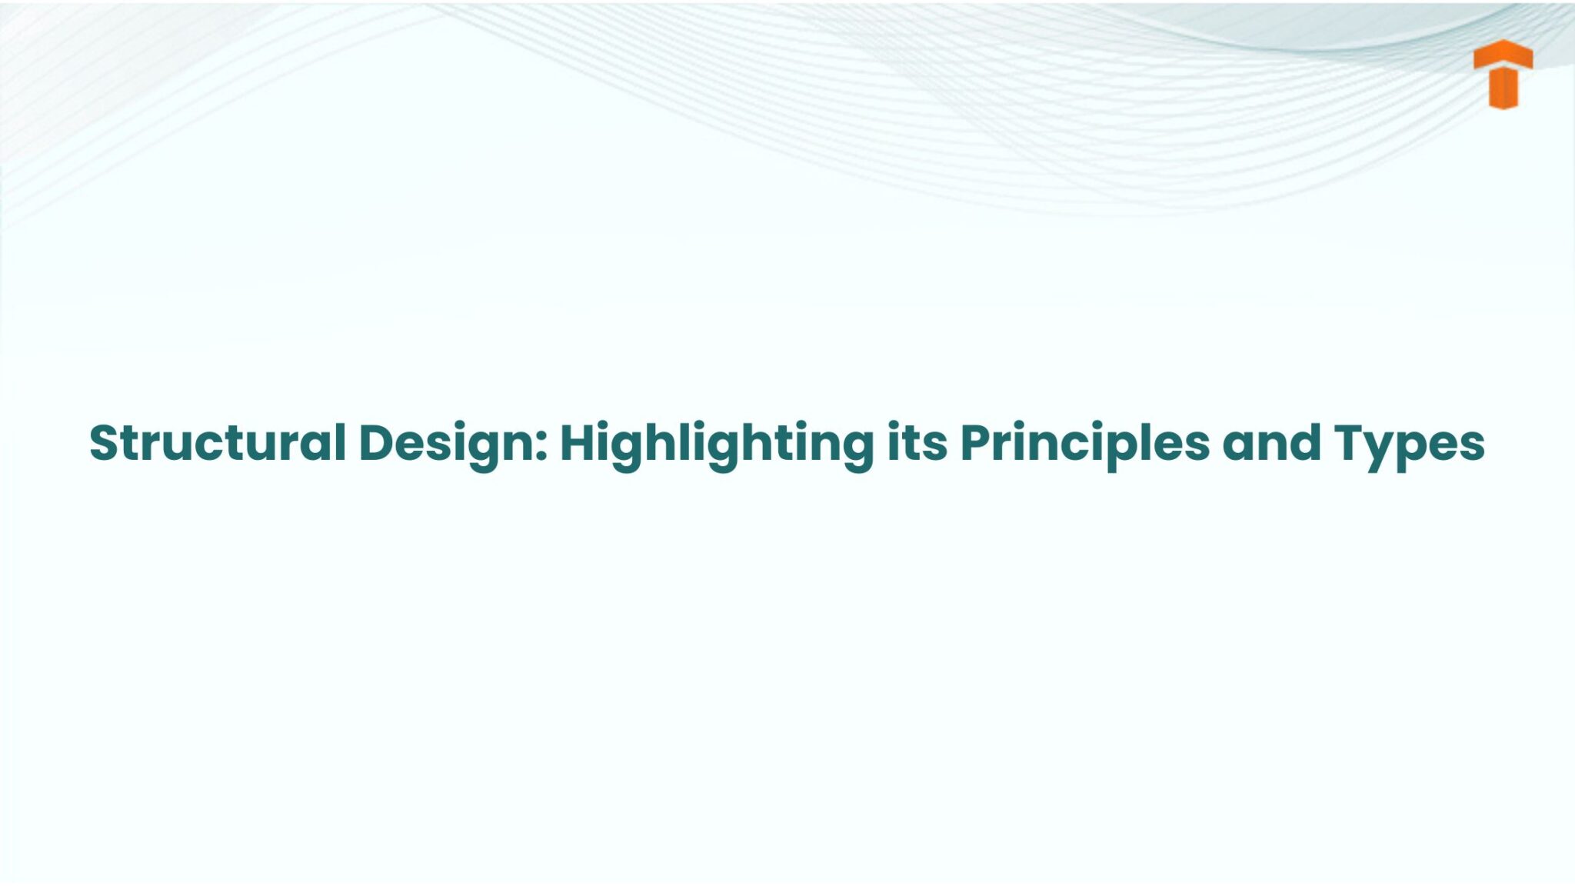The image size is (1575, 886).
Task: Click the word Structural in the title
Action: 218,443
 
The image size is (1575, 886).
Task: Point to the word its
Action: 917,443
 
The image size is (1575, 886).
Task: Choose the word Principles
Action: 1084,445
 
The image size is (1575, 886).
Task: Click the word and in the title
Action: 1271,443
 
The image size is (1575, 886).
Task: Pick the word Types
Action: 1409,445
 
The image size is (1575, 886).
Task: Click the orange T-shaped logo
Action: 1503,75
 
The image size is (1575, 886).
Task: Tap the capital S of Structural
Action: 105,443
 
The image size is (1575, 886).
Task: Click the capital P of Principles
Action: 977,443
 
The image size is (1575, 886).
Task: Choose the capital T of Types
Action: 1351,443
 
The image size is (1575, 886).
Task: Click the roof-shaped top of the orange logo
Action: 1503,54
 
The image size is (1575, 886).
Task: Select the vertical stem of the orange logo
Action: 1503,88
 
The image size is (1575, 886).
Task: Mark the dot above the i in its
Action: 894,425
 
